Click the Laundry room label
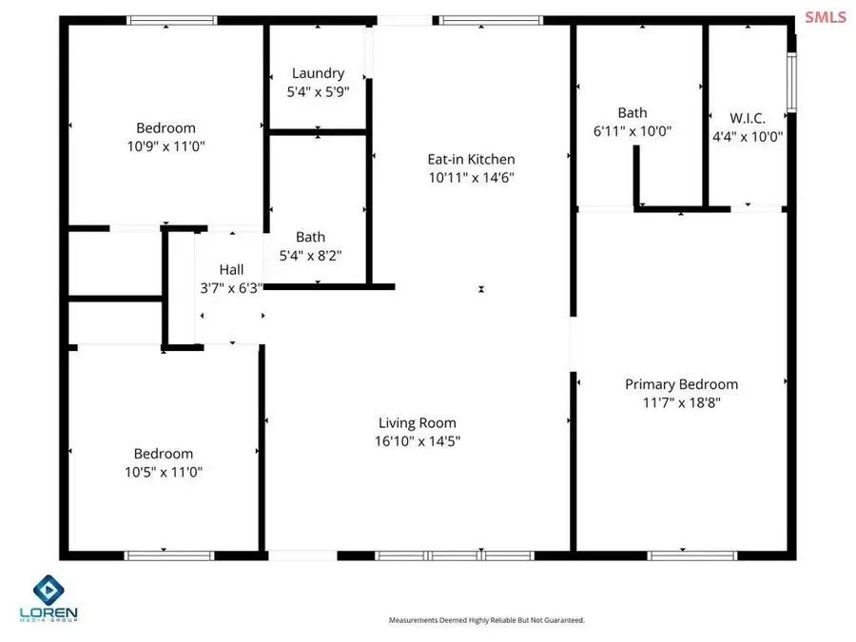pyautogui.click(x=318, y=73)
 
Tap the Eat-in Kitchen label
pyautogui.click(x=471, y=160)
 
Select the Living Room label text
pyautogui.click(x=417, y=423)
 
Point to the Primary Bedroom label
pyautogui.click(x=681, y=384)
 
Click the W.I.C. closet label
pyautogui.click(x=747, y=118)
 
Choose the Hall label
pyautogui.click(x=231, y=269)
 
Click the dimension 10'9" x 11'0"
pyautogui.click(x=165, y=146)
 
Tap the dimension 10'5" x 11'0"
pyautogui.click(x=163, y=472)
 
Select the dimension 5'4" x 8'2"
pyautogui.click(x=310, y=255)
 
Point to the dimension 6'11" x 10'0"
pyautogui.click(x=632, y=131)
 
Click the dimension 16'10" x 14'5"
pyautogui.click(x=417, y=441)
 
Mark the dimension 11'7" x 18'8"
pyautogui.click(x=681, y=402)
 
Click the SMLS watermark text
pyautogui.click(x=825, y=16)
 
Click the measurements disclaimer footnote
pyautogui.click(x=486, y=620)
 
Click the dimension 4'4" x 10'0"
pyautogui.click(x=747, y=136)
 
